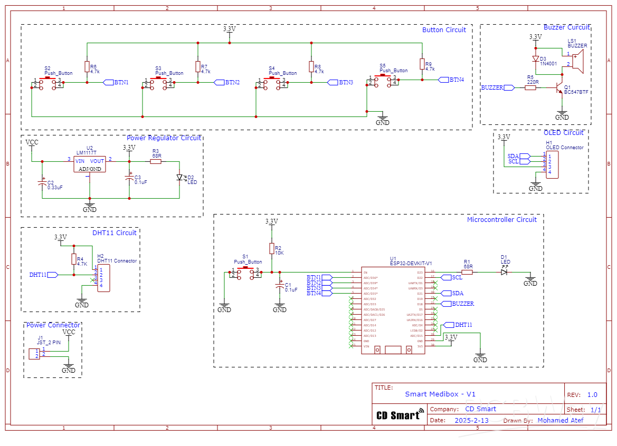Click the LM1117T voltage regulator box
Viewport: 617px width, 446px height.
tap(89, 164)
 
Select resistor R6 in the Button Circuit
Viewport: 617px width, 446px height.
tap(87, 66)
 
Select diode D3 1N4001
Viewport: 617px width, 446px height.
tap(536, 59)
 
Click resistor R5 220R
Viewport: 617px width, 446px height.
tap(530, 88)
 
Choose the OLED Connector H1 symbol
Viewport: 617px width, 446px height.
tap(552, 164)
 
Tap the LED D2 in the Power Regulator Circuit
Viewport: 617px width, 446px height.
tap(179, 178)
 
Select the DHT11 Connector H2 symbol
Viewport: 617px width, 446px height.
tap(103, 278)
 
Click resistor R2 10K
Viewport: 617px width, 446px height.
tap(272, 249)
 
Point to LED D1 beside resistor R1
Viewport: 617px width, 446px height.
tap(504, 272)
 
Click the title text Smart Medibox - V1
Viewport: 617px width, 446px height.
tap(440, 394)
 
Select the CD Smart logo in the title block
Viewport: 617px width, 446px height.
tap(400, 415)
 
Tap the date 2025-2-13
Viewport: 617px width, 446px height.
tap(471, 420)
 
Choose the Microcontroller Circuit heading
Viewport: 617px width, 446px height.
tap(501, 219)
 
